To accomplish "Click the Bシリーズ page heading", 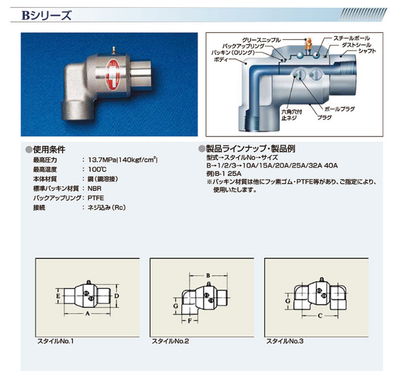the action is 46,16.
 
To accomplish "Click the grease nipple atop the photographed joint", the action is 113,50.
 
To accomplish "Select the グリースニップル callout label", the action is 261,40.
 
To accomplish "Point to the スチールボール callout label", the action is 352,38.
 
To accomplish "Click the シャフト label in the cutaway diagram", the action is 367,51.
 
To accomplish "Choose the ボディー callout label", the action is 221,59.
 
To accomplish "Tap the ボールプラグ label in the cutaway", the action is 339,109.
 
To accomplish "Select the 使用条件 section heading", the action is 49,150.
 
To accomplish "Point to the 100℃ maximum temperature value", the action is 97,169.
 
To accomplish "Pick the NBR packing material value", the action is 95,189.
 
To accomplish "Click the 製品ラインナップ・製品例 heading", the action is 251,149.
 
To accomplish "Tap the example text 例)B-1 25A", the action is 223,173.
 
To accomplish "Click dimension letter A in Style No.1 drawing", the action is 87,313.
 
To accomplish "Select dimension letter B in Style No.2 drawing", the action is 208,276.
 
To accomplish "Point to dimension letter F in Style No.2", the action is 189,321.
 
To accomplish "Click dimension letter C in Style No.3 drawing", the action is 320,316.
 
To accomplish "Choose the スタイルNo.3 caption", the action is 285,341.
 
